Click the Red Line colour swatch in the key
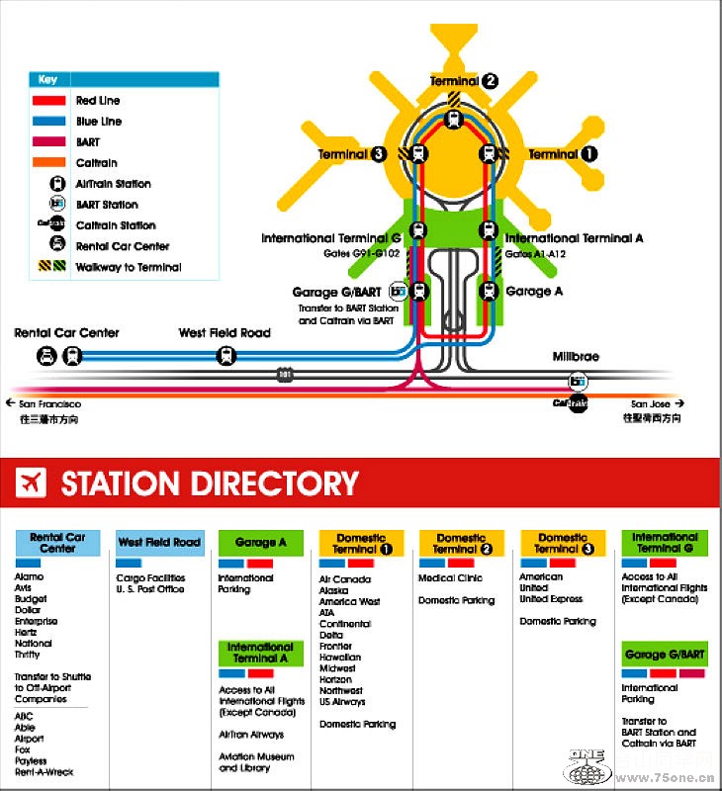point(49,101)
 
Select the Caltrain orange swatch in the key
point(49,163)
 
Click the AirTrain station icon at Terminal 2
point(454,120)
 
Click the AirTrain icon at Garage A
point(488,292)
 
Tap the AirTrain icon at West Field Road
point(226,356)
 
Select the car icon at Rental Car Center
point(45,356)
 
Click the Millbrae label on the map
point(576,357)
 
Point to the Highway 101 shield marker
point(285,376)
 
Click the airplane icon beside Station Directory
point(31,483)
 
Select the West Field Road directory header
point(158,543)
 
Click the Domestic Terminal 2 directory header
point(462,544)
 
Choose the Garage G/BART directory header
point(665,655)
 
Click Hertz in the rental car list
point(27,633)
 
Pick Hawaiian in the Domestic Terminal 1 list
point(339,658)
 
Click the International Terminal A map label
point(575,238)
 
